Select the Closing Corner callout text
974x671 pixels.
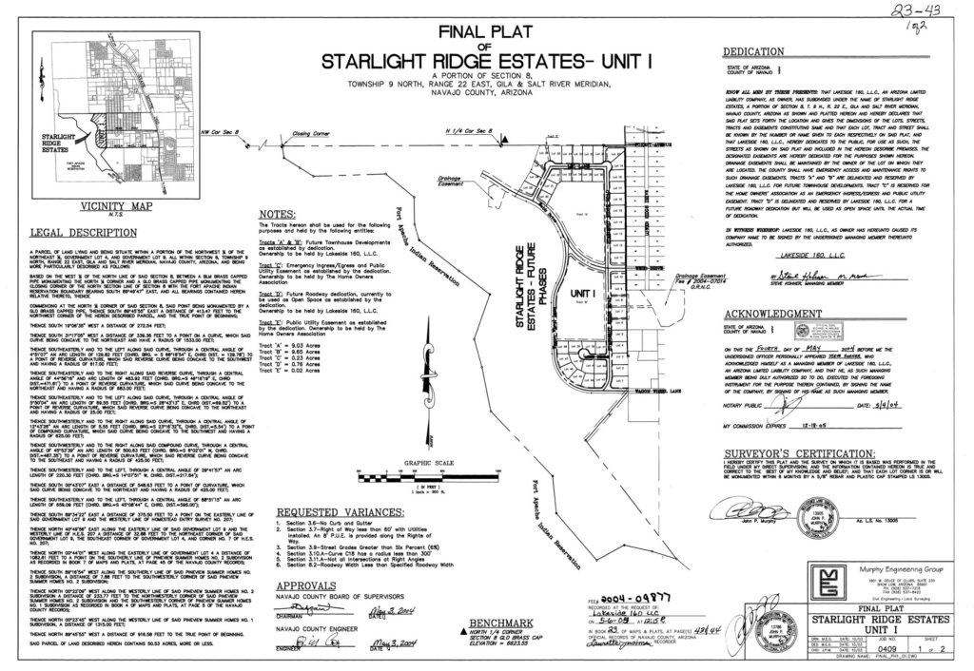click(310, 134)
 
